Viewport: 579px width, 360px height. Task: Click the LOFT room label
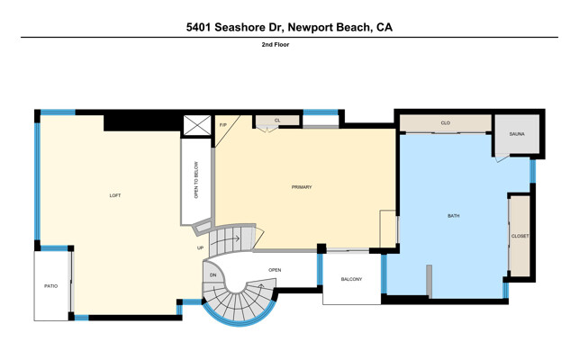pos(115,195)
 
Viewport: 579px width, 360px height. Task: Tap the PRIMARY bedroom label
pos(302,187)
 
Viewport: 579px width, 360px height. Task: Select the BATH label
pos(454,216)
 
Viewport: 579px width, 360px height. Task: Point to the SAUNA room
pos(517,134)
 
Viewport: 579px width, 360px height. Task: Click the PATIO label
pos(51,286)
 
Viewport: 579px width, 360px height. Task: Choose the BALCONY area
pos(351,279)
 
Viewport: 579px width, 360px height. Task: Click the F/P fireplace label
pos(223,125)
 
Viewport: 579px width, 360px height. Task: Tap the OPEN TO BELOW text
pos(196,180)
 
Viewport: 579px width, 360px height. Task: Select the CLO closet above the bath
pos(446,123)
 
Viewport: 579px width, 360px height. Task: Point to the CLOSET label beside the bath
pos(520,236)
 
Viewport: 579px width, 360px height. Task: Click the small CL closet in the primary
pos(277,121)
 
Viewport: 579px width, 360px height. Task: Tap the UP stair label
pos(200,247)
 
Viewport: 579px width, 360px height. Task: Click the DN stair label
pos(213,275)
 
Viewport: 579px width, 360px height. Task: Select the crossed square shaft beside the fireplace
pos(197,125)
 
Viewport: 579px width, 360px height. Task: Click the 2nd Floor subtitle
pos(276,45)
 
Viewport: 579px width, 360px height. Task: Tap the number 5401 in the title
pos(199,27)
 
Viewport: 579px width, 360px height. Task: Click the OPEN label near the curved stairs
pos(275,270)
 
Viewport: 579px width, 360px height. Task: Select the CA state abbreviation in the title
pos(384,27)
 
